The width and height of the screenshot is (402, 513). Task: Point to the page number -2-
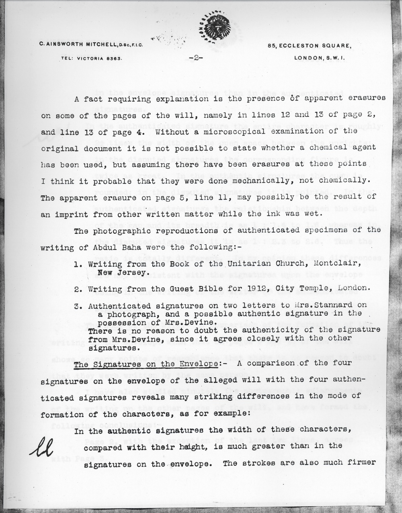click(x=196, y=57)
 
